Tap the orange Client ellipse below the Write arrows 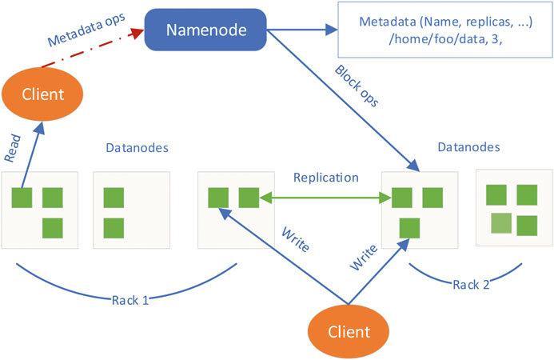(x=349, y=330)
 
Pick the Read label (x=13, y=149)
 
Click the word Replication (x=325, y=178)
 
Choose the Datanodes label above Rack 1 (x=137, y=148)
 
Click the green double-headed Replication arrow (x=325, y=197)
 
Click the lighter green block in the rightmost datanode (x=500, y=223)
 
